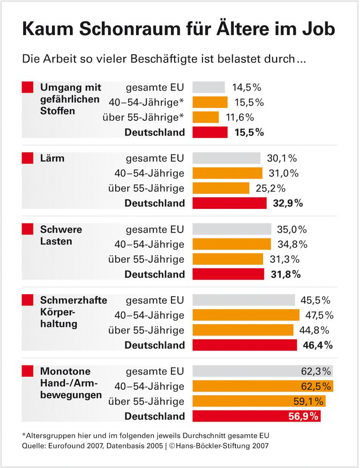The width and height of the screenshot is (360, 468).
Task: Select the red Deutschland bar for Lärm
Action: pyautogui.click(x=229, y=203)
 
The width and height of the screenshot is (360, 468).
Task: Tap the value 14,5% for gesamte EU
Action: pyautogui.click(x=246, y=87)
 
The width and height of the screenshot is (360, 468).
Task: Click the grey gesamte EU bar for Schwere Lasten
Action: pyautogui.click(x=232, y=229)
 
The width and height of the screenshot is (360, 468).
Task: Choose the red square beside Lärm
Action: pyautogui.click(x=28, y=158)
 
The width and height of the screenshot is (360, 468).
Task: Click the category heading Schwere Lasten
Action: pyautogui.click(x=61, y=235)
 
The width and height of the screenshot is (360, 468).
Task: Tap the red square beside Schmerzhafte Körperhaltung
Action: pyautogui.click(x=28, y=300)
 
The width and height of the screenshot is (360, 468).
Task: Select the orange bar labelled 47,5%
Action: pyautogui.click(x=246, y=315)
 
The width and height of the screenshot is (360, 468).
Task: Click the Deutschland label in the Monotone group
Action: pyautogui.click(x=155, y=416)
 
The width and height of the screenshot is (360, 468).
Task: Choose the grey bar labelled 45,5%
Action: pyautogui.click(x=243, y=300)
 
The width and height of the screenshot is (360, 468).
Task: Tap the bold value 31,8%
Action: pyautogui.click(x=285, y=274)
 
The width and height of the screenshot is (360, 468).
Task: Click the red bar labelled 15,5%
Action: pyautogui.click(x=210, y=132)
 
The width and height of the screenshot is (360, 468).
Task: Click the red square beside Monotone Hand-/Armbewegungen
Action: pyautogui.click(x=28, y=371)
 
